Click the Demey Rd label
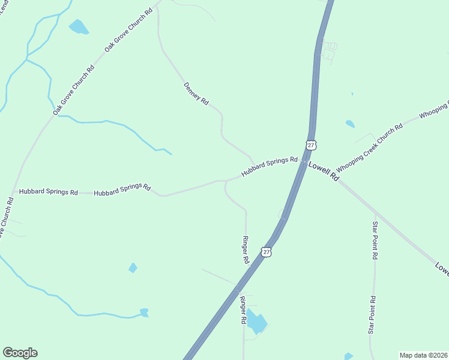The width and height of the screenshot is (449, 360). (196, 94)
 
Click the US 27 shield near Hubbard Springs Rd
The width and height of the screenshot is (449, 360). (310, 145)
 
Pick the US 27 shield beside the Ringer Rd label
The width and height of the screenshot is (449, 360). (267, 253)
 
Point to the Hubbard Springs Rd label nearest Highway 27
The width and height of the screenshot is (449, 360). (270, 167)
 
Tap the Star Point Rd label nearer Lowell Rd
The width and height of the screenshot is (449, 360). (375, 240)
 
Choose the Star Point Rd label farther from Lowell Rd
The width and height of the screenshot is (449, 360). (373, 315)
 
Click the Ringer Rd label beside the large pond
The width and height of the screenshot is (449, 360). (243, 310)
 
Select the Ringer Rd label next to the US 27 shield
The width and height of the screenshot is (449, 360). (245, 251)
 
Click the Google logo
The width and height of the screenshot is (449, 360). (20, 353)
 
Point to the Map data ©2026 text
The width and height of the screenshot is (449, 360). (423, 355)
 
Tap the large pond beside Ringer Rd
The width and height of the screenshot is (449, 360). (256, 323)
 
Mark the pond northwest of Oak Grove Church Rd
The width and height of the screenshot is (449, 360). (79, 27)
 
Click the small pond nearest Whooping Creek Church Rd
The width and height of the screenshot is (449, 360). (349, 124)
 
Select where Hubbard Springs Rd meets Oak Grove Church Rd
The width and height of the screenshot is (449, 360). (13, 193)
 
